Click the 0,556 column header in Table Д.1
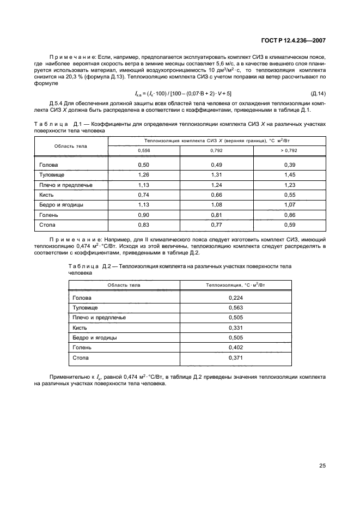144,150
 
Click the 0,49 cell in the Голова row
217,165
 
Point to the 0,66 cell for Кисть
217,195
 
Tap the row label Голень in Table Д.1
49,214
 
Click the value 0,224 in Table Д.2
236,298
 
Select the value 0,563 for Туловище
236,308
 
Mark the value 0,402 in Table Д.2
236,348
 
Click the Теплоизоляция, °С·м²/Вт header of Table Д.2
236,284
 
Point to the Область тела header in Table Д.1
71,145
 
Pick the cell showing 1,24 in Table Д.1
217,185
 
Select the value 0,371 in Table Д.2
236,358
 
